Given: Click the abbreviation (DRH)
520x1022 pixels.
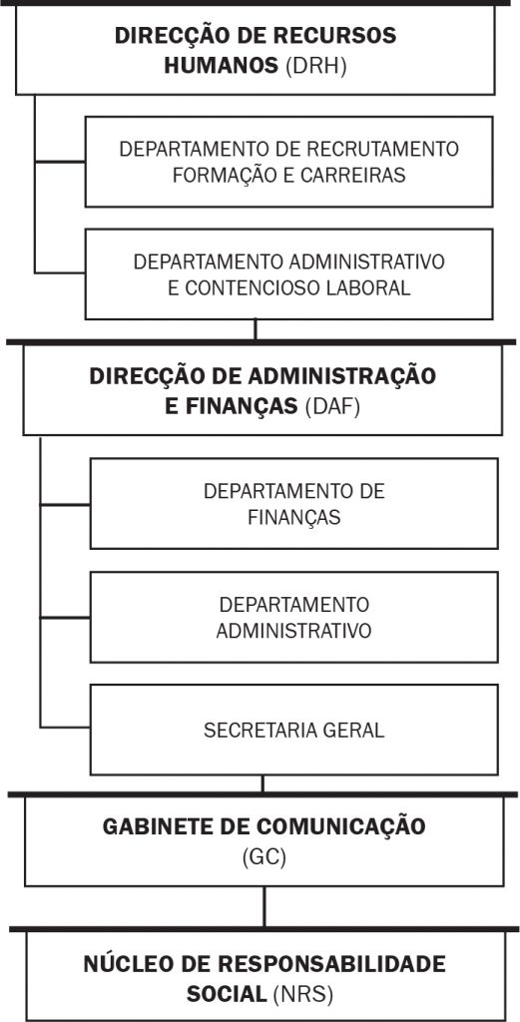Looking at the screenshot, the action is click(x=315, y=66).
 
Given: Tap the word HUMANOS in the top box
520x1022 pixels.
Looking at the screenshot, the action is click(x=222, y=66).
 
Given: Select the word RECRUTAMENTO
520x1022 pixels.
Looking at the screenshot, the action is click(x=383, y=150).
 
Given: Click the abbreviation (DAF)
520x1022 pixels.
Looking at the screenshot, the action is click(x=331, y=406).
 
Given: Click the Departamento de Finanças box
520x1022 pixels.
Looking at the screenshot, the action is click(x=293, y=503).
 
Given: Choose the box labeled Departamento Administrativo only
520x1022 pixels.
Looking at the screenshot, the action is click(x=293, y=617).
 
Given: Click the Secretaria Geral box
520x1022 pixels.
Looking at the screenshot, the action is click(x=293, y=730).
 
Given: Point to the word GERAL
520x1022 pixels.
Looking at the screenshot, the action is click(x=352, y=731).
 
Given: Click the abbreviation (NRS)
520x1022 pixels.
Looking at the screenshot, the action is click(x=303, y=995).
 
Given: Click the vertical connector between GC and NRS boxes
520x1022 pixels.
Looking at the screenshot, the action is click(x=263, y=906).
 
